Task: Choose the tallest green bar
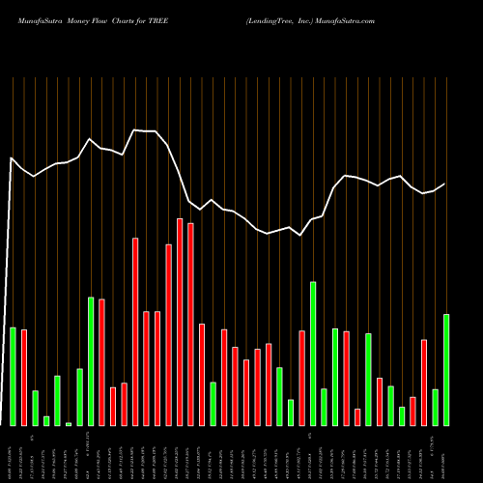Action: coord(313,354)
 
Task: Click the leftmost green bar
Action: coord(13,377)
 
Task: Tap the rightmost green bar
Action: coord(446,370)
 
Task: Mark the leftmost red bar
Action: coord(24,378)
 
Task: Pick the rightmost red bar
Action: coord(424,383)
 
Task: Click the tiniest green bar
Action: coord(69,424)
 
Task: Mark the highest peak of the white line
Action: coord(135,129)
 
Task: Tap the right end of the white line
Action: coord(445,184)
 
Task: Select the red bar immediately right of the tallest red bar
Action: coord(191,325)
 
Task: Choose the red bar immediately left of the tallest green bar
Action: coord(301,378)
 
